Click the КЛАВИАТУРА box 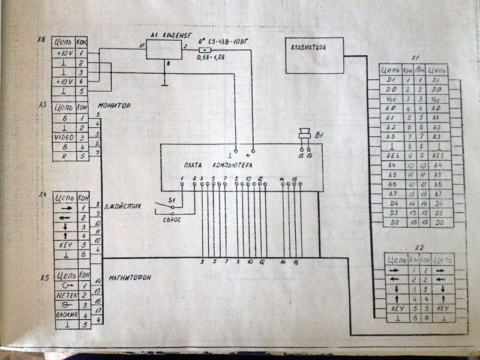pyautogui.click(x=314, y=55)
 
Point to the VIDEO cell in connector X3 pyautogui.click(x=64, y=137)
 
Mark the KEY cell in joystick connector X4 pyautogui.click(x=64, y=245)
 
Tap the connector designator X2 pyautogui.click(x=419, y=248)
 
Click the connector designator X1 pyautogui.click(x=415, y=59)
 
